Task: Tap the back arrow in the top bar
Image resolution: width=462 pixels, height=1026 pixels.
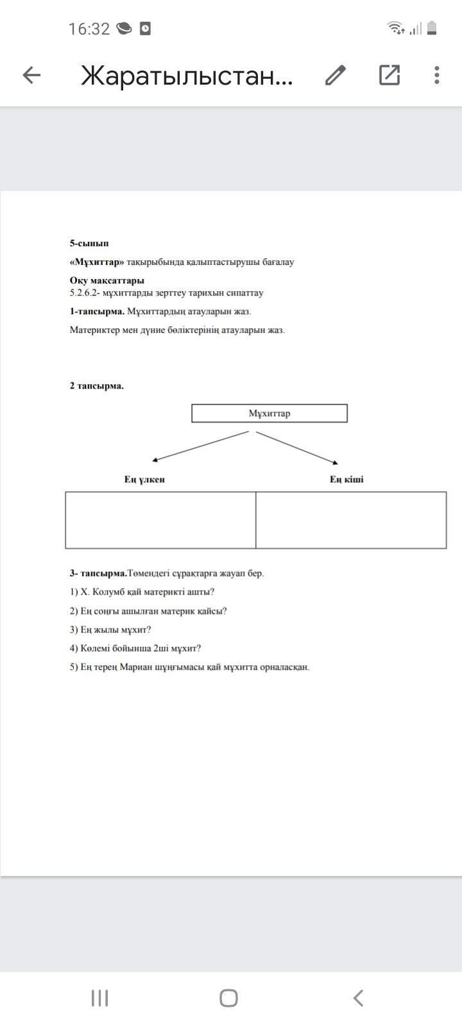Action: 31,76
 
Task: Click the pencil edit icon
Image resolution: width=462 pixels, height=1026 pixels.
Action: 336,76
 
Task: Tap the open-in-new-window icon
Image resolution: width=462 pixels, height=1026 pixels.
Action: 389,76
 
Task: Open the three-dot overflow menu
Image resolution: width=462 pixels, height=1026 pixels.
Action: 437,76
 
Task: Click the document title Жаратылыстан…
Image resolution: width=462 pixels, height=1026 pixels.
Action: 187,76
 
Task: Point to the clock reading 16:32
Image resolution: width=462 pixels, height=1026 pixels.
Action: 89,29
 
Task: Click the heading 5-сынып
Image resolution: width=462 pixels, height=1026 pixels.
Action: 89,244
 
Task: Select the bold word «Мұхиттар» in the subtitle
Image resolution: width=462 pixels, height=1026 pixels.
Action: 97,262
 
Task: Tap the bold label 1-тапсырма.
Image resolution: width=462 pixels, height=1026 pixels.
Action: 97,312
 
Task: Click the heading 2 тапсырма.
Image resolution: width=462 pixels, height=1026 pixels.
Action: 97,386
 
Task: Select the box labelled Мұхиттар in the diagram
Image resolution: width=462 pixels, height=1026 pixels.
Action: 269,414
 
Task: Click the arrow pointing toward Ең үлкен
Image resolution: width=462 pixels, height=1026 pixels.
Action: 200,446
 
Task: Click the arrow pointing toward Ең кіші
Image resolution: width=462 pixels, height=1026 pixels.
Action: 296,448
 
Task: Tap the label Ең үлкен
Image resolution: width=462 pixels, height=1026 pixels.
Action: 144,480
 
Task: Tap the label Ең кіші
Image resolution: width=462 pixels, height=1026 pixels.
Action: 346,480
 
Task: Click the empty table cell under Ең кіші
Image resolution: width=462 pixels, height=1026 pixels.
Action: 351,520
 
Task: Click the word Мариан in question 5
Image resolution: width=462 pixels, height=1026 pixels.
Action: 135,667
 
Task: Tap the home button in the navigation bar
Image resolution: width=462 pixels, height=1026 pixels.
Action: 228,998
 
